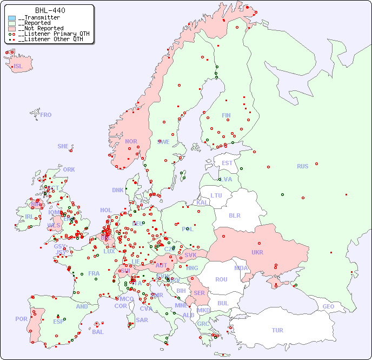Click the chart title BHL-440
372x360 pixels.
coord(50,10)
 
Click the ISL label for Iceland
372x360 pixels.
coord(18,67)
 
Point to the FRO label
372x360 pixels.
coord(46,115)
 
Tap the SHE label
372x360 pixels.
coord(63,146)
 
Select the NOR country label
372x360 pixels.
coord(131,141)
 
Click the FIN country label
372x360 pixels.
coord(226,115)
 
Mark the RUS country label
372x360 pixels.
coord(302,166)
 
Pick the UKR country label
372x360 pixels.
coord(257,252)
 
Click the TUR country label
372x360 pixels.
coord(277,330)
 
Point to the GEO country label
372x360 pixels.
coord(328,306)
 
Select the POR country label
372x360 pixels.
coord(21,319)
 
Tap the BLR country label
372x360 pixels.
coord(234,215)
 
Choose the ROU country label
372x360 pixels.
coord(221,279)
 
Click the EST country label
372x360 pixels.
coord(227,163)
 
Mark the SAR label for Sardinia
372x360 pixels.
coord(142,319)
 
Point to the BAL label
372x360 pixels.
coord(97,332)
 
